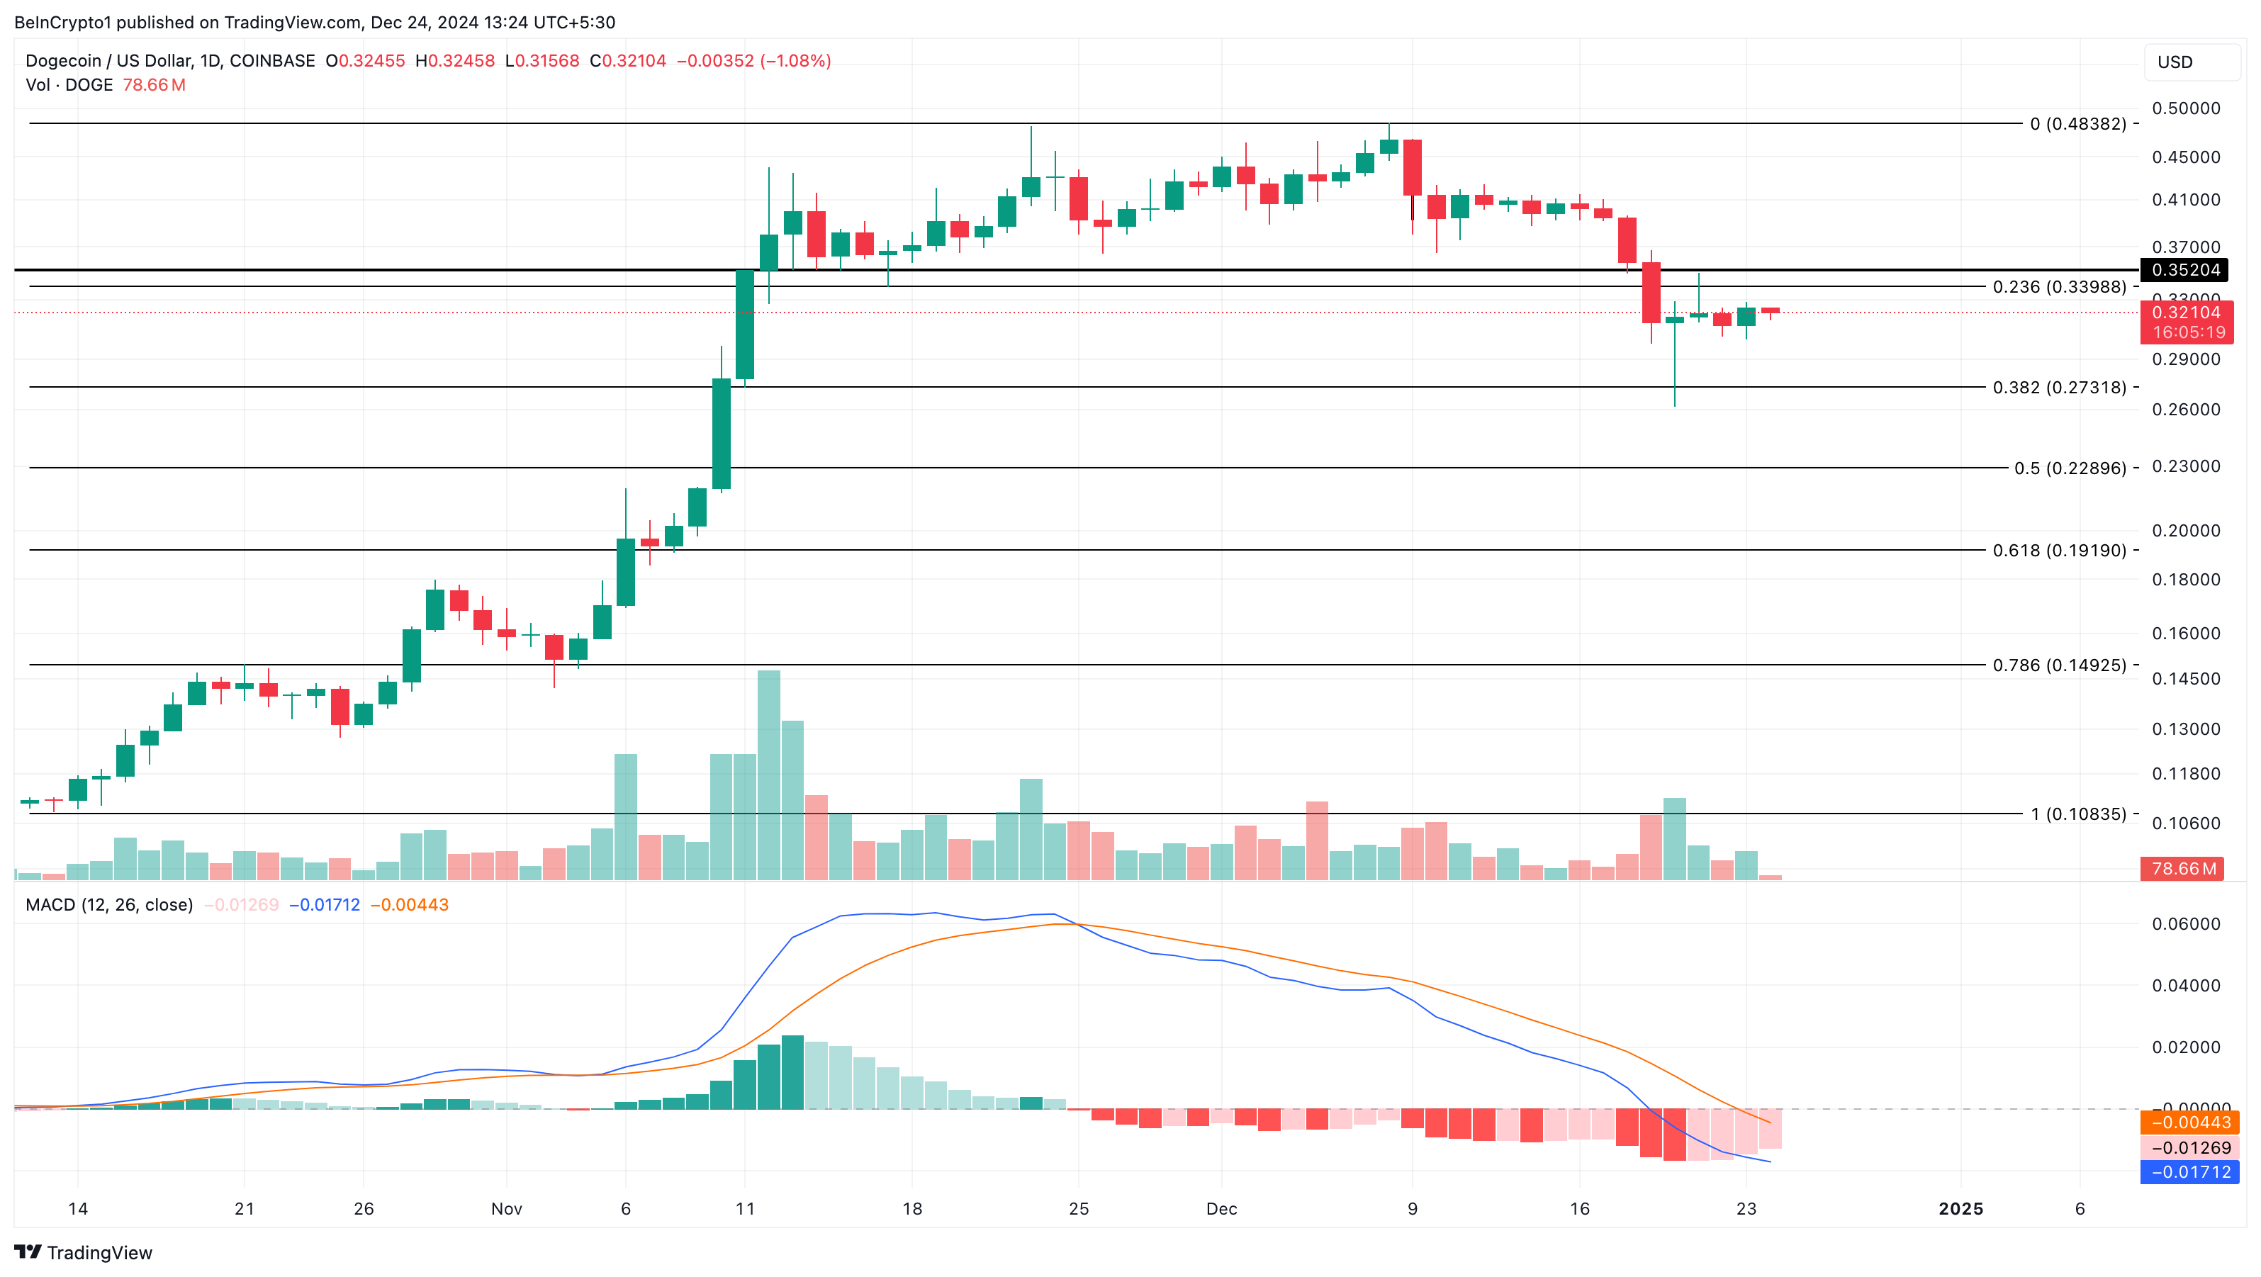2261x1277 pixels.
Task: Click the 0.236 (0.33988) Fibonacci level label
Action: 2059,287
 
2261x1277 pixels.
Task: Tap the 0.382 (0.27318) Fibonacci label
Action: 2059,387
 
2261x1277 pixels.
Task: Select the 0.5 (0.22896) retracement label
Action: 2070,468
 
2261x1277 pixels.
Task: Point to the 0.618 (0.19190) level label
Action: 2059,551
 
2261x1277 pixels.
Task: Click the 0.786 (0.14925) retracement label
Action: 2059,665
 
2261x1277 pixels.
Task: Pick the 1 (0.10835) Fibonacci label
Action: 2077,814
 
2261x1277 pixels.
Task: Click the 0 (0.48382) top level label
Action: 2077,124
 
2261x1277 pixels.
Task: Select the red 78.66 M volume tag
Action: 2183,869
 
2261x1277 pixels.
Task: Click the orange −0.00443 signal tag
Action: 2190,1123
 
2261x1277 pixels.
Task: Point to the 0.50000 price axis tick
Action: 2186,108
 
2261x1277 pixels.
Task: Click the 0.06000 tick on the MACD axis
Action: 2186,923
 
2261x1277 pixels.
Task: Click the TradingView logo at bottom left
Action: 84,1252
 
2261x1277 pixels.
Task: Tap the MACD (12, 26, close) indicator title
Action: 109,905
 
